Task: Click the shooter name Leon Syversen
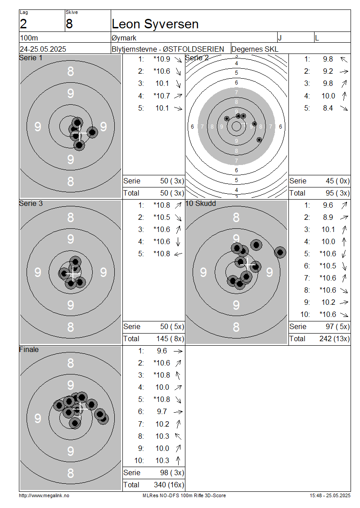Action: (155, 24)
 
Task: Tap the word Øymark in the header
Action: (124, 38)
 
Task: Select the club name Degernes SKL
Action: (255, 49)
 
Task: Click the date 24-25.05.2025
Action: (43, 49)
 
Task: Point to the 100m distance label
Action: (29, 38)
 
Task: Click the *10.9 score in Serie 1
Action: (162, 59)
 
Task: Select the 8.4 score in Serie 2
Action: (328, 108)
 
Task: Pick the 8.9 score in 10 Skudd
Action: (328, 218)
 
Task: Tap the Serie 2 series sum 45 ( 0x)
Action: (337, 181)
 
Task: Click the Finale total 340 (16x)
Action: (169, 485)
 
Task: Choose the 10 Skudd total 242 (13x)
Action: (334, 339)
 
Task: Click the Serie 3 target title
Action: (31, 204)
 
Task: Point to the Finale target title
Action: (29, 350)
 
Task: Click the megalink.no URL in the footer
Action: (44, 495)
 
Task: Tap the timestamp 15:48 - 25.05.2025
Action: (330, 495)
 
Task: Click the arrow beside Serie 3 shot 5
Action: (178, 254)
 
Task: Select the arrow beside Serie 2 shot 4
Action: (344, 96)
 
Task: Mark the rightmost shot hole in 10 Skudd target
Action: (280, 252)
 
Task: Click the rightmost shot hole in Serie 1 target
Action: (92, 132)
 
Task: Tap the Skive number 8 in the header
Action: (69, 24)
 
